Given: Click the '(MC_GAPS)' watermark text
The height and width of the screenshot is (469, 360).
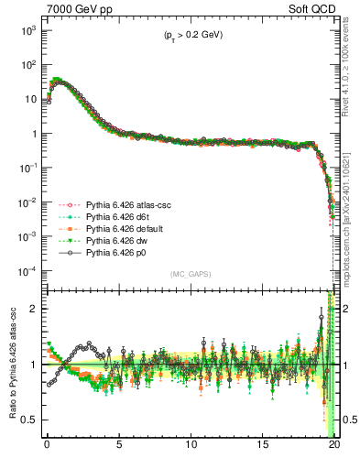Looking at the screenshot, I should pyautogui.click(x=188, y=274).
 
